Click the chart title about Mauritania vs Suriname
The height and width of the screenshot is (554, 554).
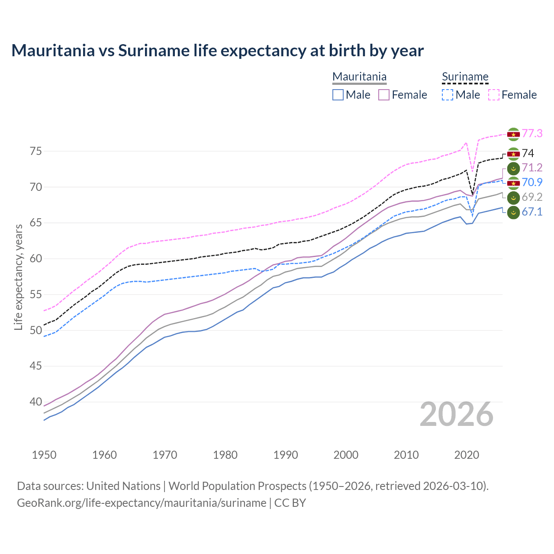tap(217, 51)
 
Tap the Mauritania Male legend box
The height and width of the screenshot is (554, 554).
tap(338, 95)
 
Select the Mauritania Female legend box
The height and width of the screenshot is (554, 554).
tap(384, 95)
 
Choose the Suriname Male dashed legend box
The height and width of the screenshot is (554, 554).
tap(448, 95)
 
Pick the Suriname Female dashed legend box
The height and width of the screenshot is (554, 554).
tap(493, 95)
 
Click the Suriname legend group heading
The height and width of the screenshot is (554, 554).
tap(465, 77)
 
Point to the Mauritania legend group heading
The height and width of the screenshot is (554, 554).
tap(359, 77)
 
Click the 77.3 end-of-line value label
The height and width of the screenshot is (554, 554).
tap(532, 134)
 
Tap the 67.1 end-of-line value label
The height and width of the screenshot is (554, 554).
tap(532, 212)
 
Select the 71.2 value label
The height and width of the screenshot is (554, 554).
tap(532, 168)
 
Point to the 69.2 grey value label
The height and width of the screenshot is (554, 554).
tap(532, 197)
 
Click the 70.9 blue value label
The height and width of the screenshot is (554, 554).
tap(532, 183)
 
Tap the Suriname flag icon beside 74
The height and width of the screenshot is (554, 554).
tap(513, 154)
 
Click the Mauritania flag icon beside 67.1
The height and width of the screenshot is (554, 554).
tap(513, 213)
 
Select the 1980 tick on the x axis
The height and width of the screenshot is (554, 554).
tap(225, 455)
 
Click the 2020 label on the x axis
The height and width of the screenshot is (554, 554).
tap(467, 455)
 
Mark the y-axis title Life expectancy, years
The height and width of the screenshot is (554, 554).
tap(18, 277)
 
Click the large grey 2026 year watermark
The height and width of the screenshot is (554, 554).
tap(456, 415)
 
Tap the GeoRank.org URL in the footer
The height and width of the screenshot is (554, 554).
tap(142, 503)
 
